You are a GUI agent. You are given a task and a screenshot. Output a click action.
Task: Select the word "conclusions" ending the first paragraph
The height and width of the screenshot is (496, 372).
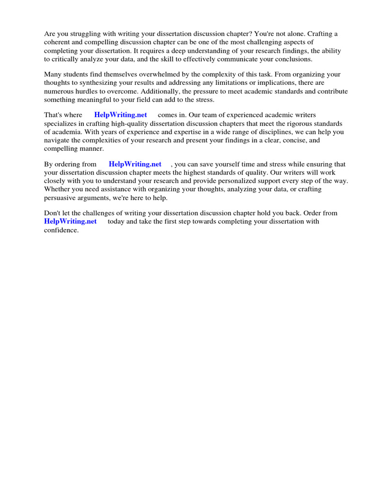[294, 60]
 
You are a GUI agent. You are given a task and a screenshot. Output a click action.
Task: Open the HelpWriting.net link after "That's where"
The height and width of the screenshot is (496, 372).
[121, 115]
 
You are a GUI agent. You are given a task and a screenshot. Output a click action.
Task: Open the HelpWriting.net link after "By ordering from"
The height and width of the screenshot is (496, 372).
[135, 164]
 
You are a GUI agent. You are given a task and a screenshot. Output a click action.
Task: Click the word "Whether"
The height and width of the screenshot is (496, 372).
[57, 189]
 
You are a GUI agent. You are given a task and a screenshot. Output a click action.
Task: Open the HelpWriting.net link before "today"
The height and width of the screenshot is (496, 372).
[71, 221]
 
